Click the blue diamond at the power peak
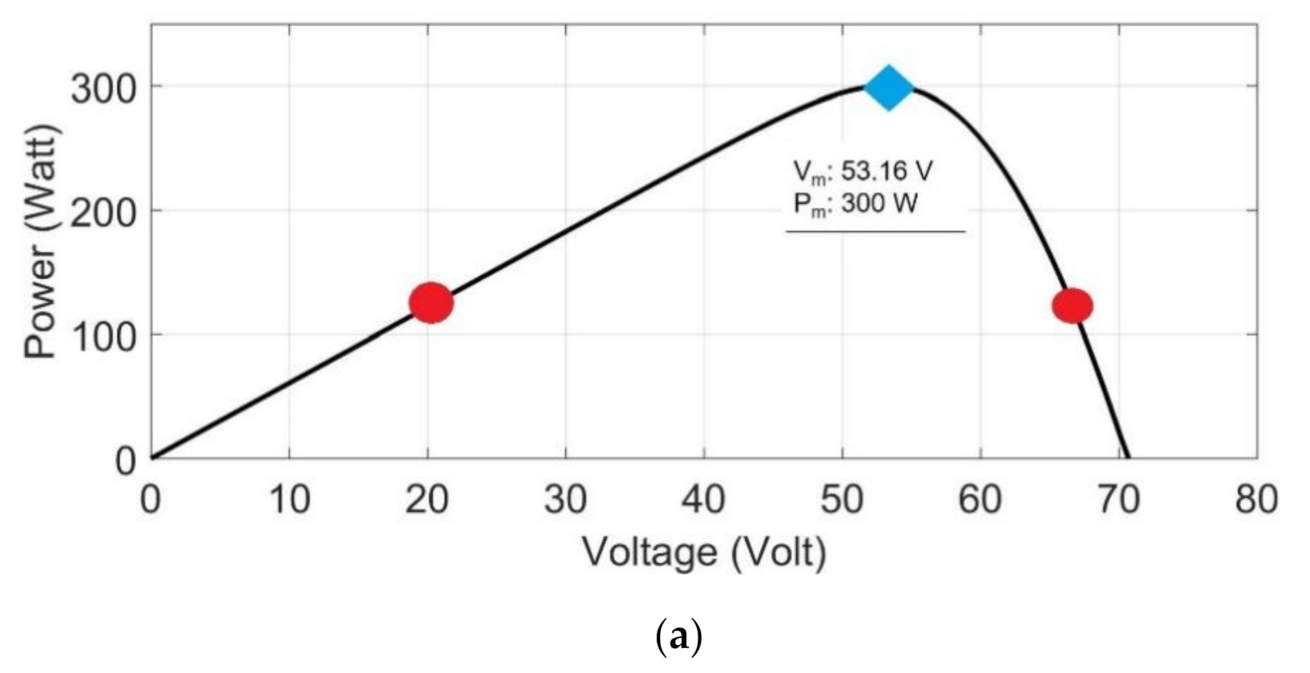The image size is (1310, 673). coord(888,87)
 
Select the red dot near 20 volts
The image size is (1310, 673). coord(431,302)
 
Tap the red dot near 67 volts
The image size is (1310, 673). coord(1072,305)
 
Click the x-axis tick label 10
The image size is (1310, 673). coord(289,500)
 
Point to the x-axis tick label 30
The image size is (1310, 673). coord(565,500)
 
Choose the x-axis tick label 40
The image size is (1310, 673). coord(703,500)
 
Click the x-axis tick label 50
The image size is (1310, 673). coord(842,500)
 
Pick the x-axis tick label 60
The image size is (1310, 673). coord(980,500)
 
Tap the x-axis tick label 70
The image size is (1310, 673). coord(1118,500)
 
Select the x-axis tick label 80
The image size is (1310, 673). coord(1256,500)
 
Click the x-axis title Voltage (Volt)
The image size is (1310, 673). coord(704,552)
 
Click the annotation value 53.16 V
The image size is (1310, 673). coord(886,171)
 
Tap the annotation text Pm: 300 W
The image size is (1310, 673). coord(855,204)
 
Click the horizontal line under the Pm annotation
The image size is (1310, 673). coord(875,231)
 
